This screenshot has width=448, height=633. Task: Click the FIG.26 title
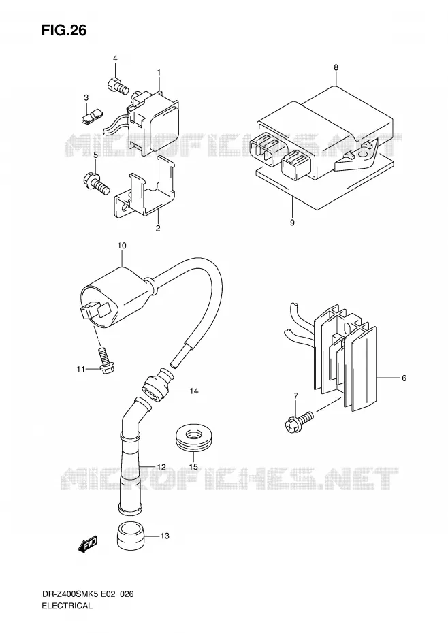tap(63, 30)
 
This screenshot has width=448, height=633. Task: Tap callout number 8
tap(336, 67)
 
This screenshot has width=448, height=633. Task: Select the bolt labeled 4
tap(117, 84)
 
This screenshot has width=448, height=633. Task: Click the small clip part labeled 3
tap(91, 118)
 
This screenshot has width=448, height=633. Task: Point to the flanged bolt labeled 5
tap(97, 183)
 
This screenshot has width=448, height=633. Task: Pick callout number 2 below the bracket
tap(158, 229)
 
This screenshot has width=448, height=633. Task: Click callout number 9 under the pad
tap(292, 223)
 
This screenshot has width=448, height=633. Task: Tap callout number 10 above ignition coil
tap(122, 246)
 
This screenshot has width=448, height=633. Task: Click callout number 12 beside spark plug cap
tap(161, 467)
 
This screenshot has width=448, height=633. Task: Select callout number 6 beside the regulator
tap(404, 378)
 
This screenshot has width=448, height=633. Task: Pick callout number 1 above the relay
tap(159, 72)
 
